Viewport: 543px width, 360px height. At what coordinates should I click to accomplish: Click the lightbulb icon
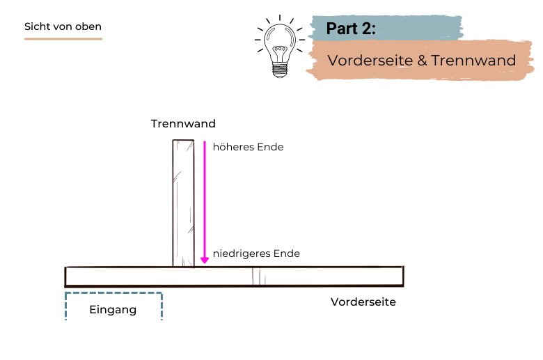[280, 47]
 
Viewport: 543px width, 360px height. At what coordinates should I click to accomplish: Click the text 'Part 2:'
[352, 29]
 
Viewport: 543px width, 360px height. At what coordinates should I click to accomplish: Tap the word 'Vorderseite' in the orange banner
[370, 61]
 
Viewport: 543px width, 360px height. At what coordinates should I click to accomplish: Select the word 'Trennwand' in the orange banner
[473, 61]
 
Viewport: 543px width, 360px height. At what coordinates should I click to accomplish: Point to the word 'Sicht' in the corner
[37, 26]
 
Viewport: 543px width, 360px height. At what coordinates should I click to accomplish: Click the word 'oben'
[88, 26]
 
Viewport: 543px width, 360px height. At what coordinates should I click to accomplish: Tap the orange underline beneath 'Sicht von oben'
[63, 38]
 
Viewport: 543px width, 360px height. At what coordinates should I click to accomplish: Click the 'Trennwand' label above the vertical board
[183, 124]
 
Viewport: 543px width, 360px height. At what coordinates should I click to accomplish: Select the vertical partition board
[183, 202]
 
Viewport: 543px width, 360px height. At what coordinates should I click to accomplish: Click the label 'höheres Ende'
[248, 148]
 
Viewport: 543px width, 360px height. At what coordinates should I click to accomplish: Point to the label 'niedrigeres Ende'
[256, 253]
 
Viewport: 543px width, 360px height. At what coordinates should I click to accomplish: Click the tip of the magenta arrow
[205, 262]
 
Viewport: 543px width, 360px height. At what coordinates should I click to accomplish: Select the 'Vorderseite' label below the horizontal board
[363, 302]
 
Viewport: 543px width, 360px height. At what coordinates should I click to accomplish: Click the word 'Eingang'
[113, 310]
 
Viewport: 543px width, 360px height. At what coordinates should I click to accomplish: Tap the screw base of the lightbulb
[280, 70]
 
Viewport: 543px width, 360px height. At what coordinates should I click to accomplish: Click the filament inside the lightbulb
[280, 52]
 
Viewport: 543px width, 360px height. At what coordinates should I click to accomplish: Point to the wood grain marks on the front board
[258, 276]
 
